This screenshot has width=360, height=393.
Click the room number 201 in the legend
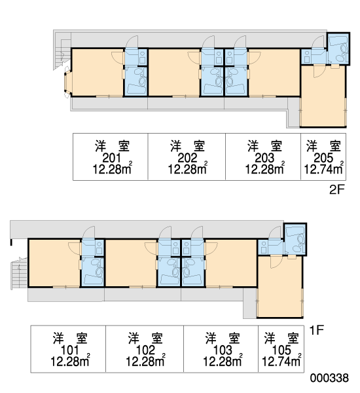tap(112, 158)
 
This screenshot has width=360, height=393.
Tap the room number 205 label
tap(323, 158)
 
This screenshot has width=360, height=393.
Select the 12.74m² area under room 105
tap(281, 361)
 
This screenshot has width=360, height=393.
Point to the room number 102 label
tap(145, 350)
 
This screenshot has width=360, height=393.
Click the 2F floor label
tap(337, 189)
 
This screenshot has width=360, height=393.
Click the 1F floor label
tap(317, 330)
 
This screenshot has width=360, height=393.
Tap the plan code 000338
tap(329, 378)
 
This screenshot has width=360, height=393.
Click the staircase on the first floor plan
tap(19, 273)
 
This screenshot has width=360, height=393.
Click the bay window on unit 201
tap(67, 82)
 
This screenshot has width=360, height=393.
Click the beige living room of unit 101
tap(54, 263)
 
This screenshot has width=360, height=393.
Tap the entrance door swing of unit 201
tap(132, 41)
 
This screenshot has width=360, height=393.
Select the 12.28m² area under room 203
tap(264, 169)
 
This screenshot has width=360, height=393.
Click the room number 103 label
tap(223, 350)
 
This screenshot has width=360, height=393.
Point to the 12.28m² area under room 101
tap(70, 361)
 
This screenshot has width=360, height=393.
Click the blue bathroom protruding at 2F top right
tap(338, 48)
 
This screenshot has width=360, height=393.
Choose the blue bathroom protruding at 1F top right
tap(295, 239)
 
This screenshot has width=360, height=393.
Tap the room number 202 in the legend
tap(187, 158)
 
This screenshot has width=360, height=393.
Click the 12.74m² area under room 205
tap(323, 169)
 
